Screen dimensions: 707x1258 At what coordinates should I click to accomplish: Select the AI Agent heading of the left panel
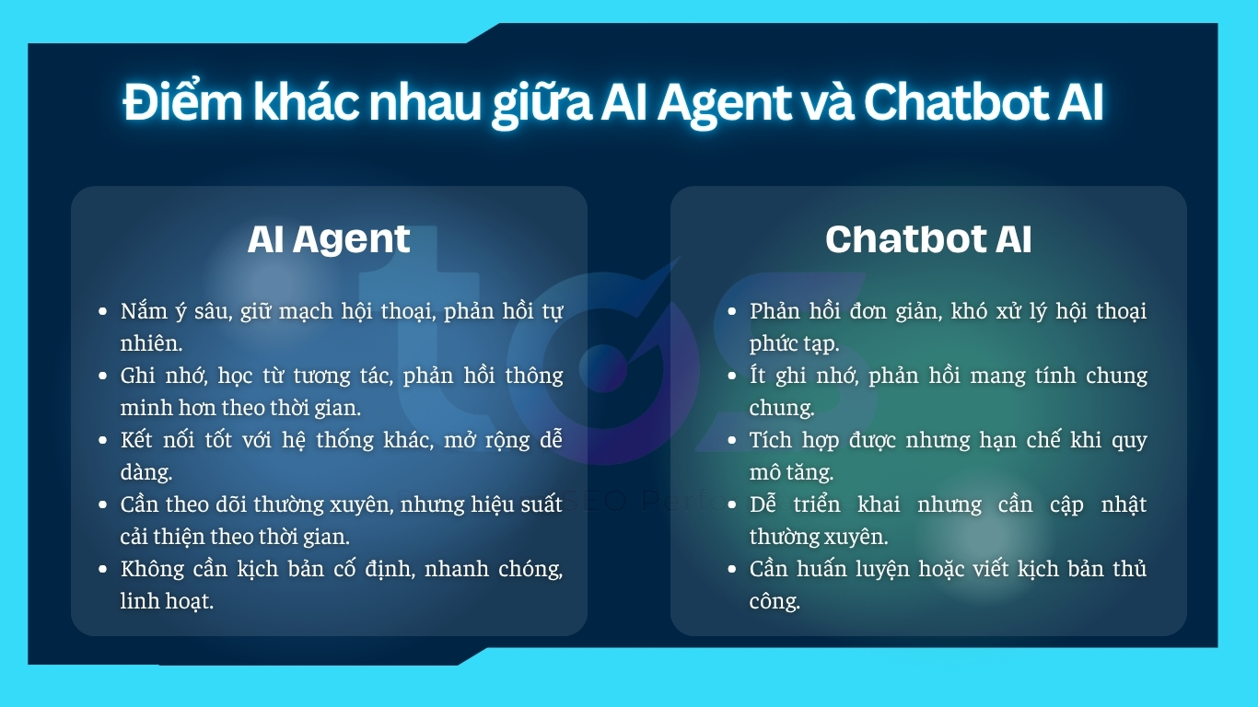pyautogui.click(x=329, y=239)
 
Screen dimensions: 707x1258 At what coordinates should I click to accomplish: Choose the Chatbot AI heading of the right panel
pyautogui.click(x=928, y=239)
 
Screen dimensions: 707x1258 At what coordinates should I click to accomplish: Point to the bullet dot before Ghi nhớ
pyautogui.click(x=103, y=377)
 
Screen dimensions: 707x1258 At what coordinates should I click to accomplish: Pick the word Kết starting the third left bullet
pyautogui.click(x=137, y=440)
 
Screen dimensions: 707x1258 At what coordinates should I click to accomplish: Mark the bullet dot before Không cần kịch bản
pyautogui.click(x=103, y=570)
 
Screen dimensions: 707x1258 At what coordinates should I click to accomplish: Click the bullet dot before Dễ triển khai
pyautogui.click(x=732, y=505)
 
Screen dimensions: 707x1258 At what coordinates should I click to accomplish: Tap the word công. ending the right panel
pyautogui.click(x=775, y=602)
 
